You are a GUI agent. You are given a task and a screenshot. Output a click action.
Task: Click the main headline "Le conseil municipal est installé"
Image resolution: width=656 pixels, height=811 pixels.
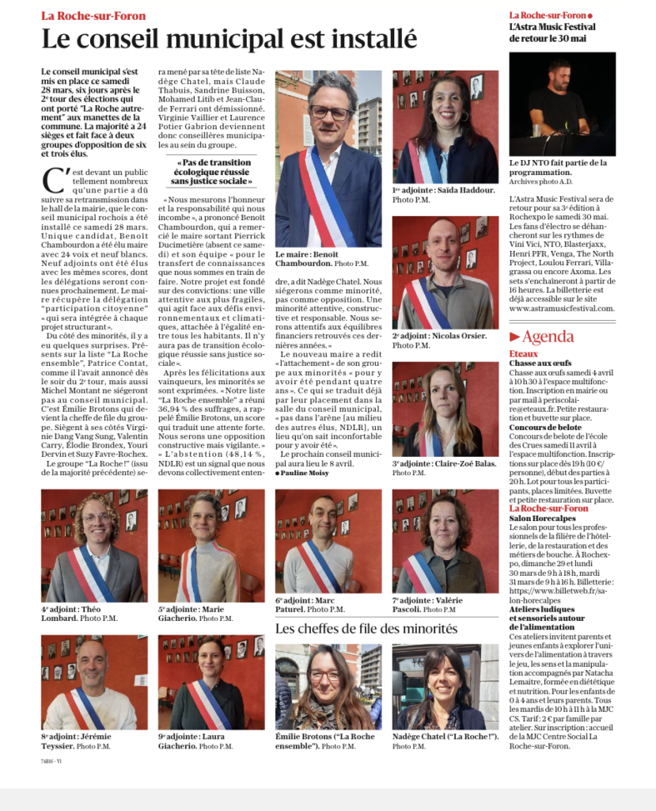(229, 38)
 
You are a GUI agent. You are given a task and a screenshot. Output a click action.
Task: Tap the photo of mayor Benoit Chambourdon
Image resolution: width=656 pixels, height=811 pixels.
(328, 158)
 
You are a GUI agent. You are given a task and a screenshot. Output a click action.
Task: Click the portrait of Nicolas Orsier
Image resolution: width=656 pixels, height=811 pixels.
(445, 272)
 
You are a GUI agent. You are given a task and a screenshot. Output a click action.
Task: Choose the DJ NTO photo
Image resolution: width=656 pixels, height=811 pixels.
(562, 104)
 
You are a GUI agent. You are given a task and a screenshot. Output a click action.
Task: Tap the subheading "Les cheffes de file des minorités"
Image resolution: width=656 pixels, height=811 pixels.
(366, 629)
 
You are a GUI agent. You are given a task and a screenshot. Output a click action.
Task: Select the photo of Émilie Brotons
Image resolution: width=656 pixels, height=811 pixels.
(328, 686)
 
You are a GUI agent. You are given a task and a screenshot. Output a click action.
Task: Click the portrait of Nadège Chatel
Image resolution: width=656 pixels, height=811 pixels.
(445, 686)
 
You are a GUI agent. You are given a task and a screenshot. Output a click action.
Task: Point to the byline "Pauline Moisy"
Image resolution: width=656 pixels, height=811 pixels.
(304, 472)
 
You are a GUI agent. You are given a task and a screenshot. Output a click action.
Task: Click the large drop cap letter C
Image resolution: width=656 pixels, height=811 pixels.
(52, 180)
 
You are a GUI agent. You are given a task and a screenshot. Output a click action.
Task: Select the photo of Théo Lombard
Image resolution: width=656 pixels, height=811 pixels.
(94, 546)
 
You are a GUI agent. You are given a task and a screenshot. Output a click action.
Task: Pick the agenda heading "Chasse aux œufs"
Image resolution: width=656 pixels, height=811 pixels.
(540, 364)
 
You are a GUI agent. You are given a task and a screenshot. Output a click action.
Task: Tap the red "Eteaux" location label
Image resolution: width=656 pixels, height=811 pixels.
(523, 354)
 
